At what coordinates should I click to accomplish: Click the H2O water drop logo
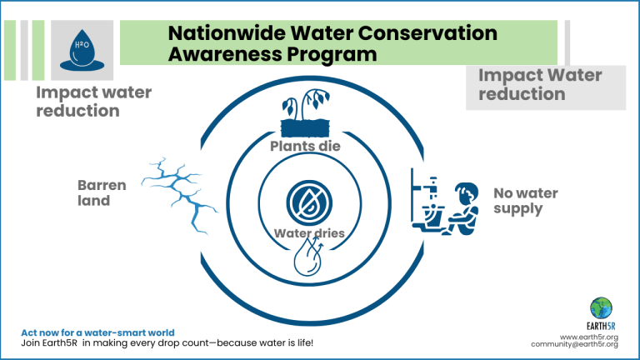[x=82, y=50]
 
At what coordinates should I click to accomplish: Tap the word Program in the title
[x=330, y=55]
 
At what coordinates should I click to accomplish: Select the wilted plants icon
[x=305, y=112]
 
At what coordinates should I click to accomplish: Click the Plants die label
[x=305, y=146]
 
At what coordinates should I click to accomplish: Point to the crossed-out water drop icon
[x=309, y=202]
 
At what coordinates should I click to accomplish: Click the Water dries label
[x=309, y=233]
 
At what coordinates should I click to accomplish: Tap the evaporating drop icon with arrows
[x=309, y=257]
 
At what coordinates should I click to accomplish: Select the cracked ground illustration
[x=180, y=195]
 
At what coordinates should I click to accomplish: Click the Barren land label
[x=102, y=192]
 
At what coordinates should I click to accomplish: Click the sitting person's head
[x=467, y=192]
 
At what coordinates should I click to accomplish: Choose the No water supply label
[x=525, y=200]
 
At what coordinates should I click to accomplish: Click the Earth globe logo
[x=601, y=308]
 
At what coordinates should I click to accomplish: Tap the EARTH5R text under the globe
[x=601, y=326]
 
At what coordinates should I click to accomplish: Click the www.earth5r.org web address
[x=589, y=337]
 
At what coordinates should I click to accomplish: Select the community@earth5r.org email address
[x=575, y=344]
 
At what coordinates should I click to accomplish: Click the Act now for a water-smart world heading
[x=97, y=332]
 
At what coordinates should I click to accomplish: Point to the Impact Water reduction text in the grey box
[x=540, y=84]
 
